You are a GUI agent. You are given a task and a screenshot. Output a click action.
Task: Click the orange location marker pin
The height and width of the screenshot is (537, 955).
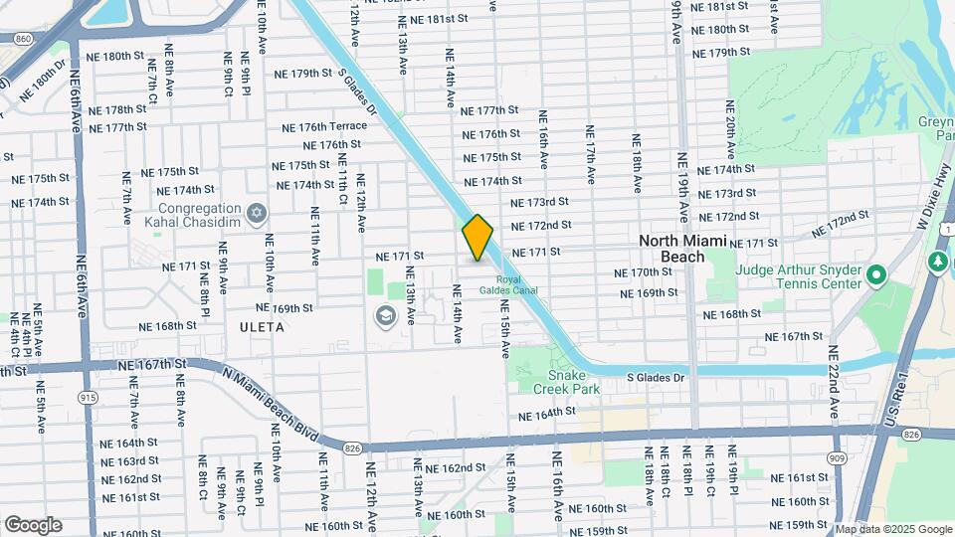(477, 238)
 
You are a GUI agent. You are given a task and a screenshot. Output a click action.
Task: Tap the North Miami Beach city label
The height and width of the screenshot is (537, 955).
(685, 249)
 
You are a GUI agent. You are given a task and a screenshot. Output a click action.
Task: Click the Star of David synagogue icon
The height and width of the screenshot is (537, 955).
(257, 213)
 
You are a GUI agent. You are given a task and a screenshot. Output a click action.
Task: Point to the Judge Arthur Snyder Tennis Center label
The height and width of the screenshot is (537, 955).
(799, 275)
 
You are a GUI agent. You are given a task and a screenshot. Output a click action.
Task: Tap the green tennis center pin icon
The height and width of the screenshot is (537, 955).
(875, 274)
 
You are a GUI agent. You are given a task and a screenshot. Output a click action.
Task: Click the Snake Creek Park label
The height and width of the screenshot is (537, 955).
(566, 382)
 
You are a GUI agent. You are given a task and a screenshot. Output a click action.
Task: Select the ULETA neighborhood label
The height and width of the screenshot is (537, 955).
(262, 326)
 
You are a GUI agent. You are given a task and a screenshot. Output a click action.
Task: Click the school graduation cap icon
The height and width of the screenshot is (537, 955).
(384, 316)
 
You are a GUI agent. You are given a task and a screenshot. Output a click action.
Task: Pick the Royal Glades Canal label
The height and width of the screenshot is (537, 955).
(508, 285)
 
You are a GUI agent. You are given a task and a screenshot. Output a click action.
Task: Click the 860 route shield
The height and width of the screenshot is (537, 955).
(24, 38)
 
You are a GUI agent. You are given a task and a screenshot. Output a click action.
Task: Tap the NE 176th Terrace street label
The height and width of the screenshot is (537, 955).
(324, 126)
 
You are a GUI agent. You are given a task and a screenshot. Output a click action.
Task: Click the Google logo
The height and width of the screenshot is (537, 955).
(33, 524)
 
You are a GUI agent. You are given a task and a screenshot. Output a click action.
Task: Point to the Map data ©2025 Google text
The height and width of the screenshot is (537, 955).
(892, 529)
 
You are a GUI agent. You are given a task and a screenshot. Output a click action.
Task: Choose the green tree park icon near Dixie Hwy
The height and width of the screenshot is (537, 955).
(937, 262)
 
